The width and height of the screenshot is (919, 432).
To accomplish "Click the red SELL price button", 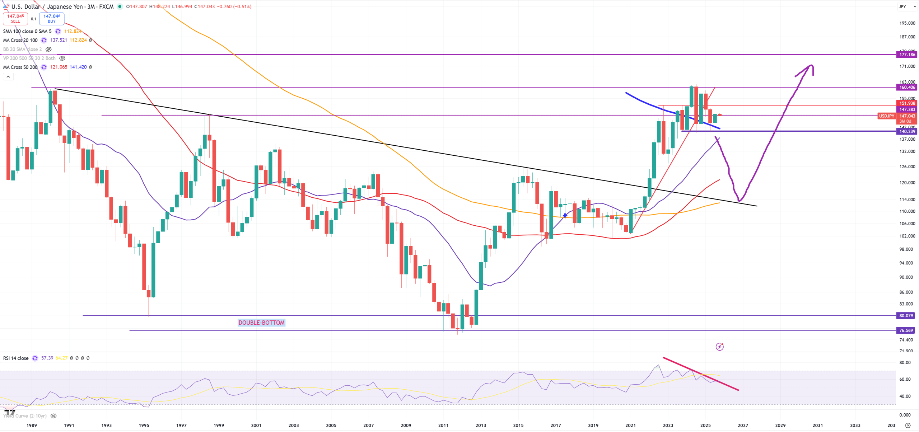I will click(x=15, y=18).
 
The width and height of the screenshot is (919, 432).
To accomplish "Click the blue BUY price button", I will click(x=52, y=18).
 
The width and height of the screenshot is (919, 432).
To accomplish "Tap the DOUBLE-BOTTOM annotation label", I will click(x=261, y=323).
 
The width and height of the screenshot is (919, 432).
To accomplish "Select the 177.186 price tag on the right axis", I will click(x=907, y=55).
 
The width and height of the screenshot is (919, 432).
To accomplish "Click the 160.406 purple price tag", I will click(x=907, y=87).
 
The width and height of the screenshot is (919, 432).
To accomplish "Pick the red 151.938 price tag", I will click(x=907, y=103).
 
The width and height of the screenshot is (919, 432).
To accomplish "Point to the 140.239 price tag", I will click(x=907, y=131).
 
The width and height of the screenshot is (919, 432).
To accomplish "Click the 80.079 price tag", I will click(x=906, y=316).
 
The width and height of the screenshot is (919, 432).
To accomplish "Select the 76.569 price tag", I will click(x=906, y=330).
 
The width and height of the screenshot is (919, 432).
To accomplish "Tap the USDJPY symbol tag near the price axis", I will click(x=886, y=116).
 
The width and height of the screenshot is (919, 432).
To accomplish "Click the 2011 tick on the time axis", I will click(x=443, y=425).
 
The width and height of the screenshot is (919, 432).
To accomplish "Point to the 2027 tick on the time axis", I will click(x=743, y=425).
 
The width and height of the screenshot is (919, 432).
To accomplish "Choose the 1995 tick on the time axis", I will click(x=144, y=425).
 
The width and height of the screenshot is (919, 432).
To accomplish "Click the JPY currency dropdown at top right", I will click(x=907, y=6).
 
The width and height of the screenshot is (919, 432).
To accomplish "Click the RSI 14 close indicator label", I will click(x=16, y=358).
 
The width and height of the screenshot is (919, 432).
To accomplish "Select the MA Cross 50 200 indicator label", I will click(x=20, y=67).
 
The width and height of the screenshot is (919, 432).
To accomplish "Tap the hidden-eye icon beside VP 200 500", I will click(x=62, y=58).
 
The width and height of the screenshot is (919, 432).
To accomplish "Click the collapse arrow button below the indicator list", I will click(x=8, y=76).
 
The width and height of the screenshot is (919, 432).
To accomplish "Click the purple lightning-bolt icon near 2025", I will click(x=719, y=347).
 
